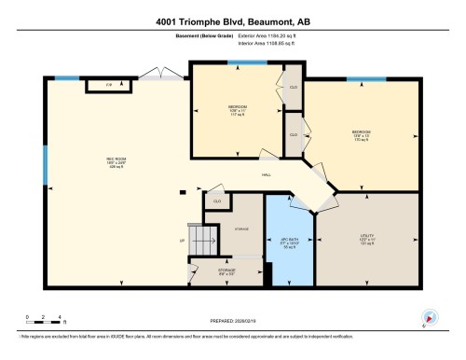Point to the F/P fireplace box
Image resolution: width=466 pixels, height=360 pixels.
click(x=108, y=86)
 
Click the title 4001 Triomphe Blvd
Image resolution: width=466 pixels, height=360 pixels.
click(x=233, y=21)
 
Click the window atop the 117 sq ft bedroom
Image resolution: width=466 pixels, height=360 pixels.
click(x=246, y=63)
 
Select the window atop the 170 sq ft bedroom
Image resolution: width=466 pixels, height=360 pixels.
click(x=366, y=79)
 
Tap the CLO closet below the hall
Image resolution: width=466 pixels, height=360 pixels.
click(x=218, y=200)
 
